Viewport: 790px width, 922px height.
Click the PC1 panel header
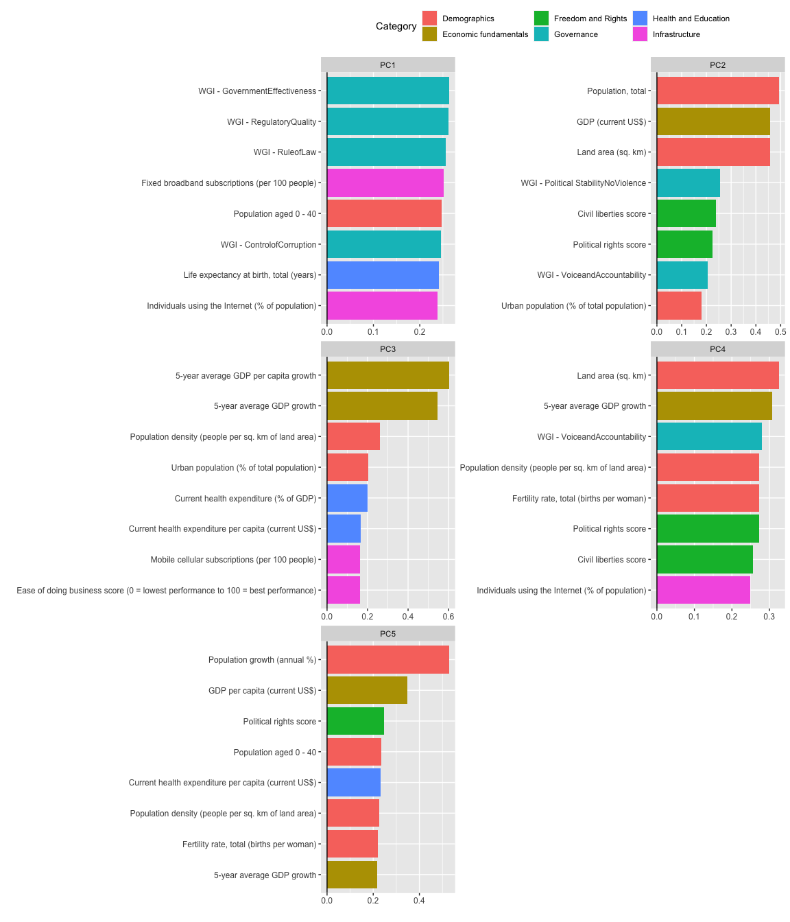pos(387,65)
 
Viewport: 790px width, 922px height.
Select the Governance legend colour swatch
pos(542,34)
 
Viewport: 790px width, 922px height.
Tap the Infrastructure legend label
pos(676,34)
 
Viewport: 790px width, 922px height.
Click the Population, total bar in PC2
pos(717,91)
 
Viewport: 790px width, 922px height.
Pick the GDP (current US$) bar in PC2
pos(713,121)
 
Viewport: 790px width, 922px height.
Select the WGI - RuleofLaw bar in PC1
pos(386,152)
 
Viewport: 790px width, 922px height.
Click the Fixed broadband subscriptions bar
pos(385,182)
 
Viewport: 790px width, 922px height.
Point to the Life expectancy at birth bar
pos(383,274)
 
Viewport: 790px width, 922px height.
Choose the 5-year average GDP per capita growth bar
pos(387,375)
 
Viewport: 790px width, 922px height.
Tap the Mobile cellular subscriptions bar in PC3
pos(344,559)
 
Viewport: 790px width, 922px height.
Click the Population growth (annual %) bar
pos(387,659)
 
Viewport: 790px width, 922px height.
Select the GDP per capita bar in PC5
pos(367,690)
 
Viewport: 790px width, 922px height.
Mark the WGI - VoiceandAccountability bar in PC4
pos(709,436)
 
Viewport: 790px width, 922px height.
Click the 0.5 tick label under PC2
pos(780,332)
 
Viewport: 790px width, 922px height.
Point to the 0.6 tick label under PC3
pos(448,616)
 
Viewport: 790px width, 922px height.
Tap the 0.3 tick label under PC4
pos(769,616)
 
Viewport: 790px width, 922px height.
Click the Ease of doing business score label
pos(167,590)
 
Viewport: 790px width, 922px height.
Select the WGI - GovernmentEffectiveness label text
pos(257,91)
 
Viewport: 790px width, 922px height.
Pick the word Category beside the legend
pos(396,26)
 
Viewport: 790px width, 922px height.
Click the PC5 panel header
pos(387,634)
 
